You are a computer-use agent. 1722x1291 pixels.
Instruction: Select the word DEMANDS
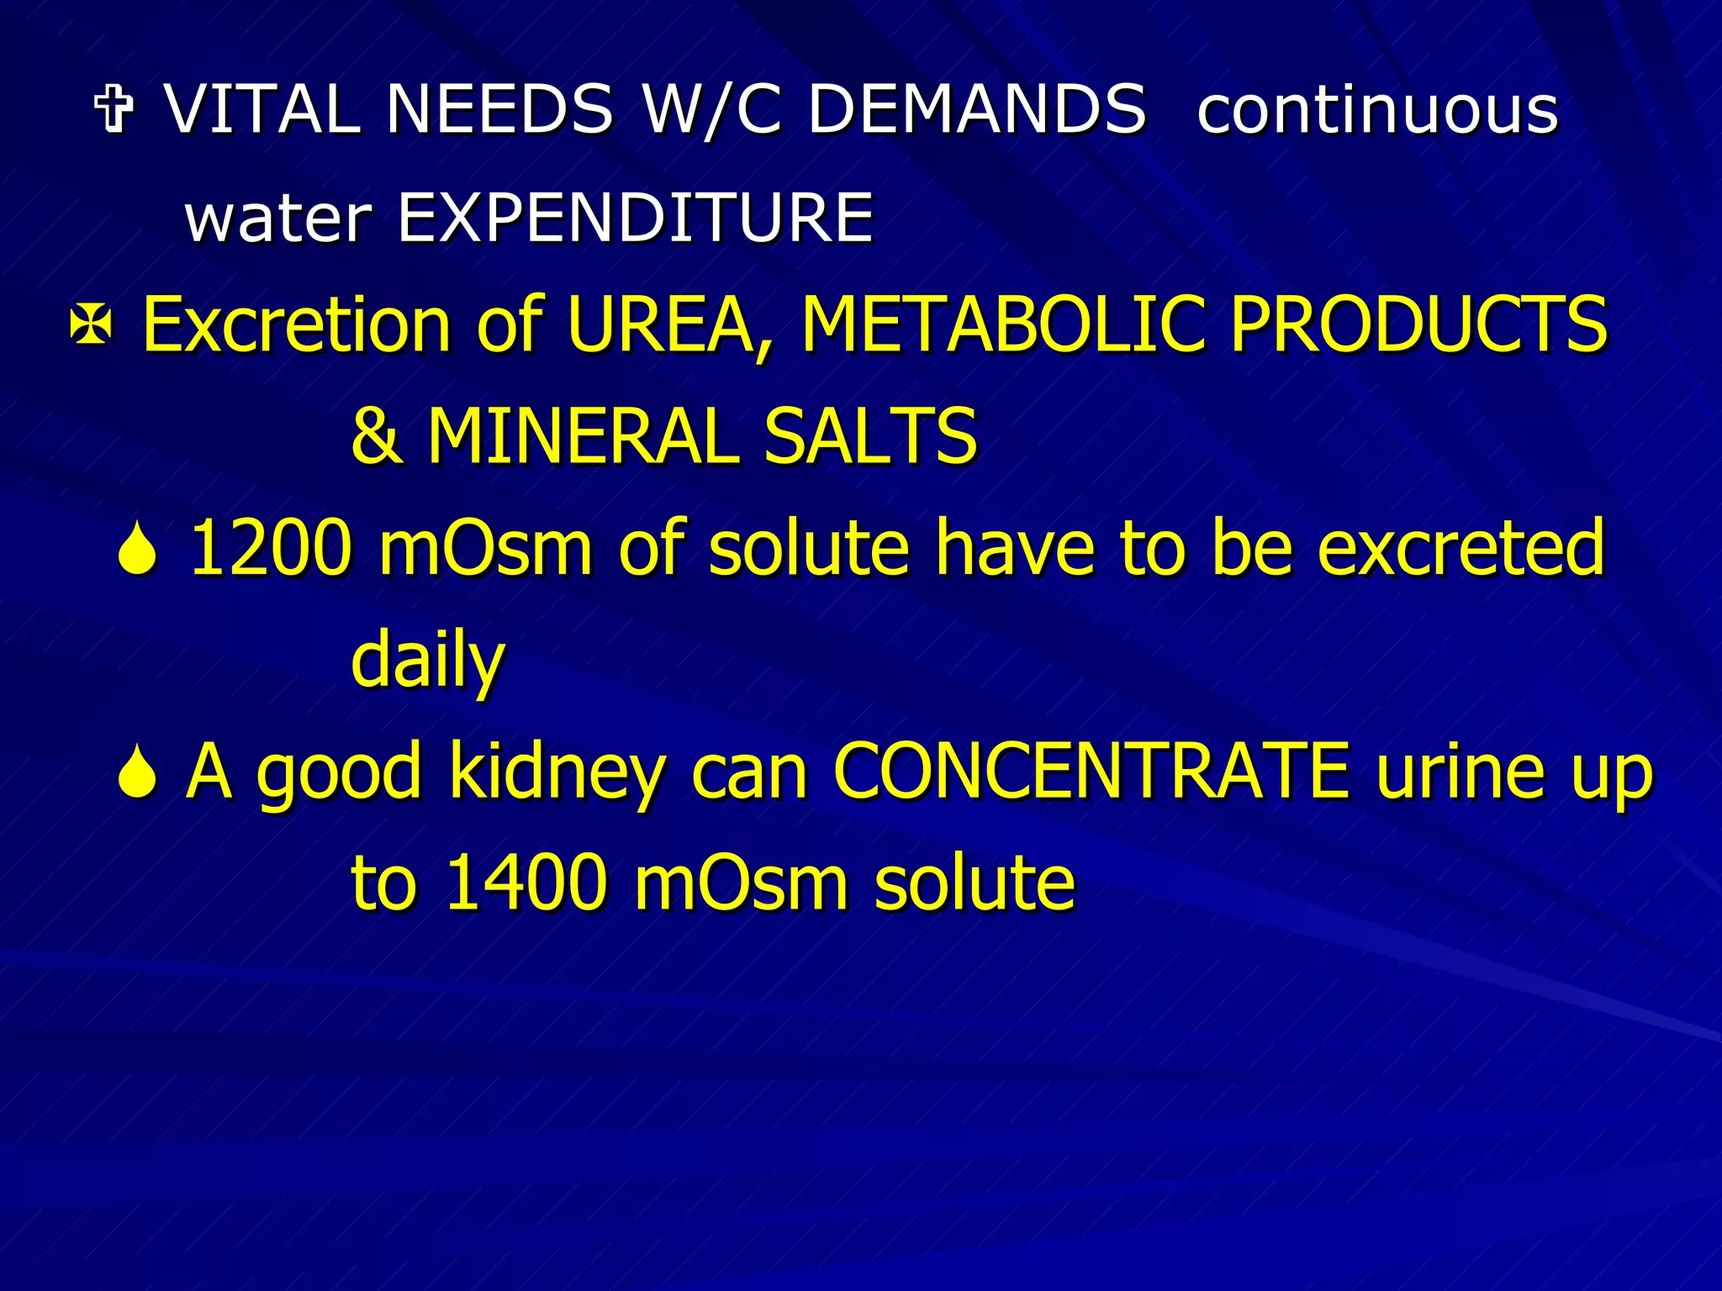point(977,109)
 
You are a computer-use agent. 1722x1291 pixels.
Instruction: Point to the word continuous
point(1377,109)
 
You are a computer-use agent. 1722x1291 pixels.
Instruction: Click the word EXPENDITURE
point(635,217)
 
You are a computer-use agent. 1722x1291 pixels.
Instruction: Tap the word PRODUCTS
point(1418,324)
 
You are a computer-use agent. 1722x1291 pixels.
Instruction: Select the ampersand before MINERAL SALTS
point(376,436)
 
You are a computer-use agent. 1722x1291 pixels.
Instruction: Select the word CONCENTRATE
point(1091,771)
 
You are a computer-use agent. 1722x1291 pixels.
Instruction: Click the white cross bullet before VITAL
point(115,110)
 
